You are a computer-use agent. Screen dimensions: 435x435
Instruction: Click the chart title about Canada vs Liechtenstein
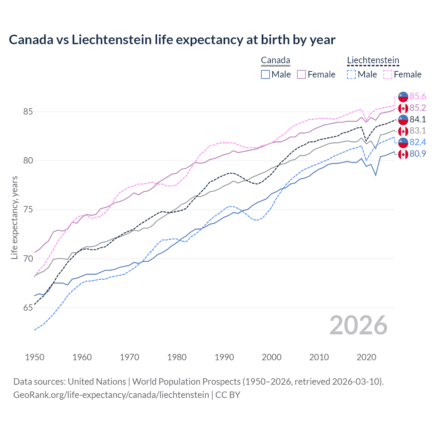(172, 40)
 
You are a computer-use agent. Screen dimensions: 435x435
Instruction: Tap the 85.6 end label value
(418, 97)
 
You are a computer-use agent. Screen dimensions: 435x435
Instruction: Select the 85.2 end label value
(418, 108)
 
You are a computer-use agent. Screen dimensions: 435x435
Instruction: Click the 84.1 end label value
(418, 119)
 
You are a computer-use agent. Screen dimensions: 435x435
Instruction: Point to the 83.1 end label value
(418, 131)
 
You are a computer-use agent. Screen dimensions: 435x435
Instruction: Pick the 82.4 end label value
(418, 142)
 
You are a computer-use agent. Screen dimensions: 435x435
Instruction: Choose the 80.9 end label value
(418, 154)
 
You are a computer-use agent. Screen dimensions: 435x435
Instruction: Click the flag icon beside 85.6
(403, 97)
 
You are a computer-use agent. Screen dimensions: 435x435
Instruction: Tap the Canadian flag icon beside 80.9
(403, 154)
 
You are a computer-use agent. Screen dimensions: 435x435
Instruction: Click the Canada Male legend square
(265, 74)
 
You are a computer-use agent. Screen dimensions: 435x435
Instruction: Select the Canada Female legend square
(301, 74)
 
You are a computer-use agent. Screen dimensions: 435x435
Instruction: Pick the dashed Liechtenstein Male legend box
(351, 74)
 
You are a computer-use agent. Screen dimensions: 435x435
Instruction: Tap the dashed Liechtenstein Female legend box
(388, 74)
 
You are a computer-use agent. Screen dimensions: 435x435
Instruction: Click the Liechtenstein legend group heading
(373, 60)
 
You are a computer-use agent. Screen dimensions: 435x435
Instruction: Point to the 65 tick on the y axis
(28, 308)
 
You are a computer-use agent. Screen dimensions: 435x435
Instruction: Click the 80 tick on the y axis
(28, 160)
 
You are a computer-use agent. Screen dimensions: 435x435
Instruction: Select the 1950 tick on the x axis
(35, 357)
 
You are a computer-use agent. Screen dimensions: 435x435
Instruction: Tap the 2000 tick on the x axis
(272, 357)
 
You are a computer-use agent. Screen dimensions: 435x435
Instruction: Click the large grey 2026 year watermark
(359, 325)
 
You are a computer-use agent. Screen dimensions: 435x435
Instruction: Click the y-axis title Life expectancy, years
(14, 217)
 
